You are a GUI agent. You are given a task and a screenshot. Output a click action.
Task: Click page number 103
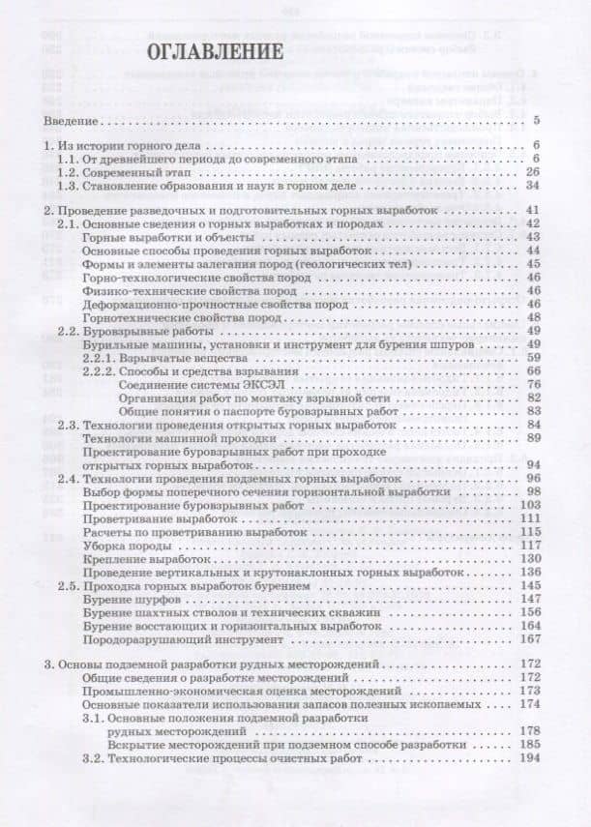tap(528, 504)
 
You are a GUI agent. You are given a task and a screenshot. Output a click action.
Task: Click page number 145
tap(528, 585)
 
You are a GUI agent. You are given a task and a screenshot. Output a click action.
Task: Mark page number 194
tap(528, 759)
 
